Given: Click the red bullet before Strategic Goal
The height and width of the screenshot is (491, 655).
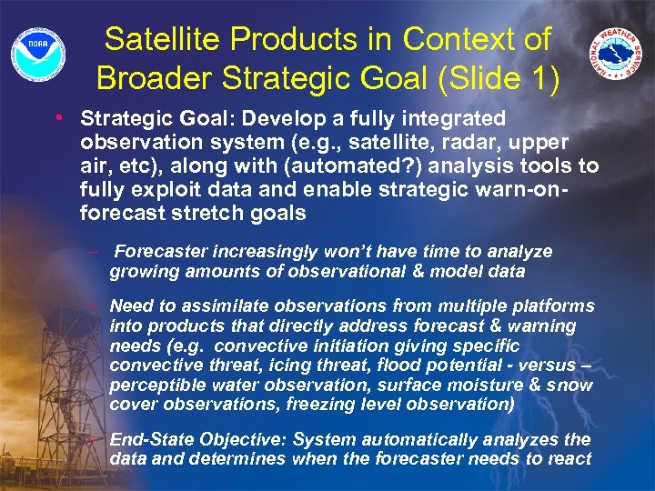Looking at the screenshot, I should [59, 118].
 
